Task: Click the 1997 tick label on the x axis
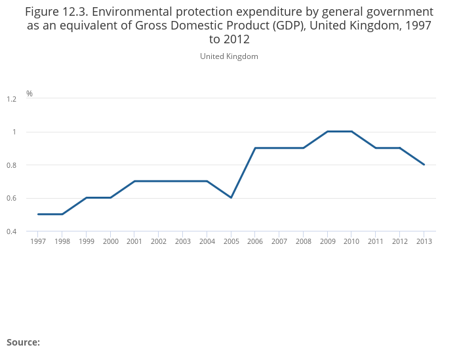pyautogui.click(x=37, y=241)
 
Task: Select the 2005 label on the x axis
pyautogui.click(x=231, y=241)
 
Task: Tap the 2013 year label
pyautogui.click(x=424, y=241)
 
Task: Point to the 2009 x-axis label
pyautogui.click(x=327, y=241)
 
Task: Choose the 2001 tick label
pyautogui.click(x=134, y=241)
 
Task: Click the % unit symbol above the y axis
pyautogui.click(x=30, y=94)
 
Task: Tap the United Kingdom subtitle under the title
pyautogui.click(x=229, y=56)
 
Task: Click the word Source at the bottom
pyautogui.click(x=23, y=342)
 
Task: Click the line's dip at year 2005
pyautogui.click(x=231, y=197)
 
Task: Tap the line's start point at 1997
pyautogui.click(x=38, y=214)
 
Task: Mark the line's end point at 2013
pyautogui.click(x=424, y=165)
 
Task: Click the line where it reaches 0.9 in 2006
pyautogui.click(x=255, y=148)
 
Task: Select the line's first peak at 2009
pyautogui.click(x=327, y=131)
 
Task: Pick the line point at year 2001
pyautogui.click(x=134, y=181)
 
